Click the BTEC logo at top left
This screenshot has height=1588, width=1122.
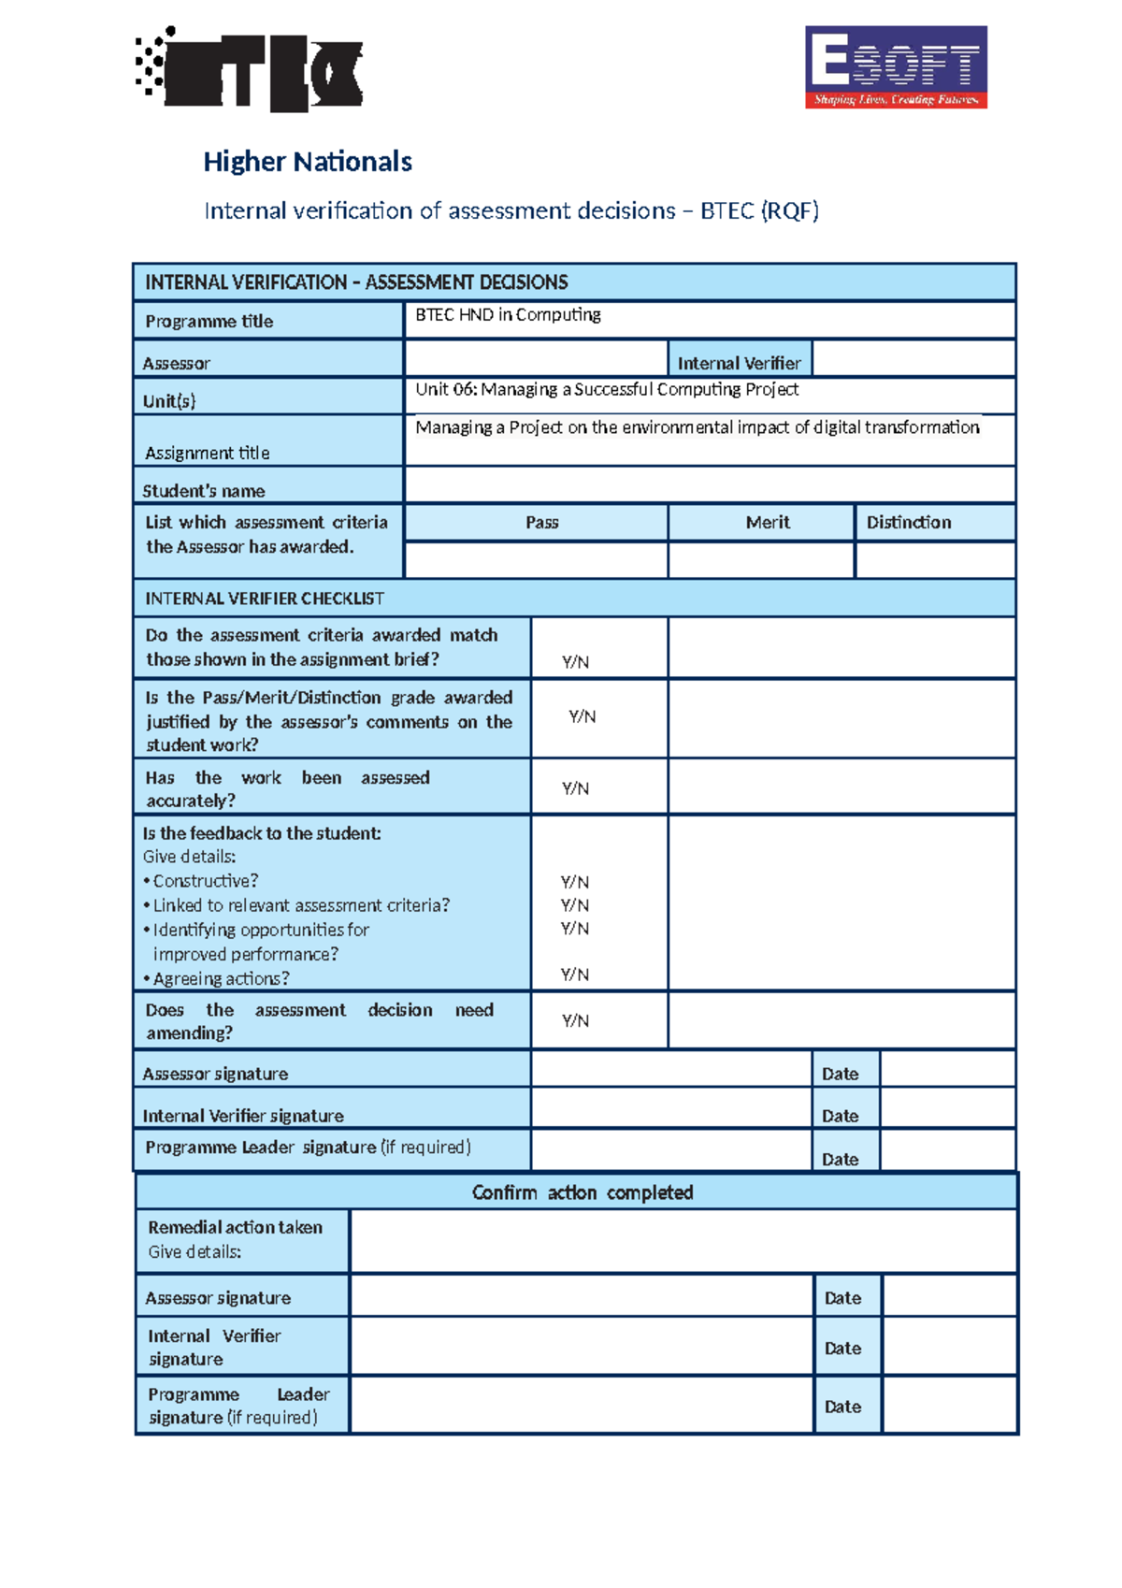coord(251,70)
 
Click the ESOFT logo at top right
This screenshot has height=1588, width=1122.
coord(896,67)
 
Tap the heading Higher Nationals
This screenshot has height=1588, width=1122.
coord(308,162)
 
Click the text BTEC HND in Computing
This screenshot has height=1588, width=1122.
coord(508,315)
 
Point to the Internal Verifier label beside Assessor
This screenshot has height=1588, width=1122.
coord(739,363)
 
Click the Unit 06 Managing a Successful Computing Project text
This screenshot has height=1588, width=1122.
coord(607,389)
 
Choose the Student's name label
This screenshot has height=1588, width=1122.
coord(204,491)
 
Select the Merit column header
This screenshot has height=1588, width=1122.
coord(768,523)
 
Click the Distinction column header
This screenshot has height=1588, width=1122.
coord(909,523)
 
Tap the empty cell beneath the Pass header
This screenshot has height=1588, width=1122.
coord(536,560)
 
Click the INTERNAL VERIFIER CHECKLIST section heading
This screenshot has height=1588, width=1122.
coord(265,599)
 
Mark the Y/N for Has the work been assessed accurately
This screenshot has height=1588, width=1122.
coord(575,789)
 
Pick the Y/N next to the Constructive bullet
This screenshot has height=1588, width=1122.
coord(574,882)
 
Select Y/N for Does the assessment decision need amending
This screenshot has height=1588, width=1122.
coord(575,1021)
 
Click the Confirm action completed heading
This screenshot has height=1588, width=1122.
coord(582,1192)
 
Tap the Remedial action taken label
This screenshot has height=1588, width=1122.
coord(235,1228)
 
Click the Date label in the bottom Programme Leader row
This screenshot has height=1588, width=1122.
coord(842,1407)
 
